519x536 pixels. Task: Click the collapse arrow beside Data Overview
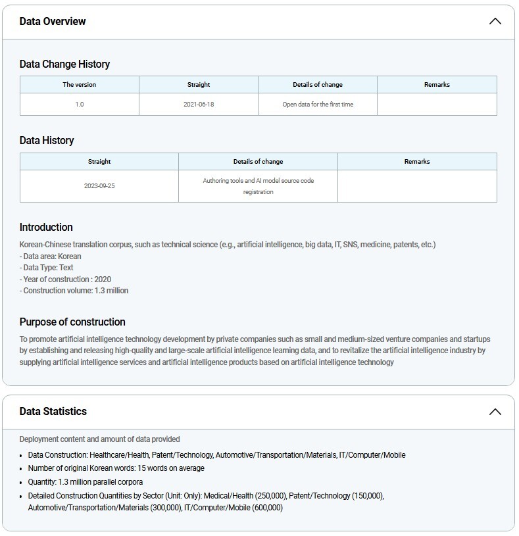[495, 22]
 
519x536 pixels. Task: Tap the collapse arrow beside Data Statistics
[495, 412]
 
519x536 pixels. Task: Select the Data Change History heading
[64, 64]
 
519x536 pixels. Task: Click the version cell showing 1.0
[80, 105]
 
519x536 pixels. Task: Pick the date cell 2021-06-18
[199, 105]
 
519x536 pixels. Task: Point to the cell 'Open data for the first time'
[318, 105]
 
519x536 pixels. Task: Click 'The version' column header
[80, 85]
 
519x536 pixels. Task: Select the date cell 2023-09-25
[99, 186]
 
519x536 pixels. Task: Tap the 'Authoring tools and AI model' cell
[258, 186]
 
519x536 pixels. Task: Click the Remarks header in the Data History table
[417, 162]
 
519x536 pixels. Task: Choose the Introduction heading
[46, 228]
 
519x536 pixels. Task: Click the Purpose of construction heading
[72, 322]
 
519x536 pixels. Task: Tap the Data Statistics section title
[53, 412]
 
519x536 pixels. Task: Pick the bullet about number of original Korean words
[116, 468]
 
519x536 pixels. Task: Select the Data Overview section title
[53, 22]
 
